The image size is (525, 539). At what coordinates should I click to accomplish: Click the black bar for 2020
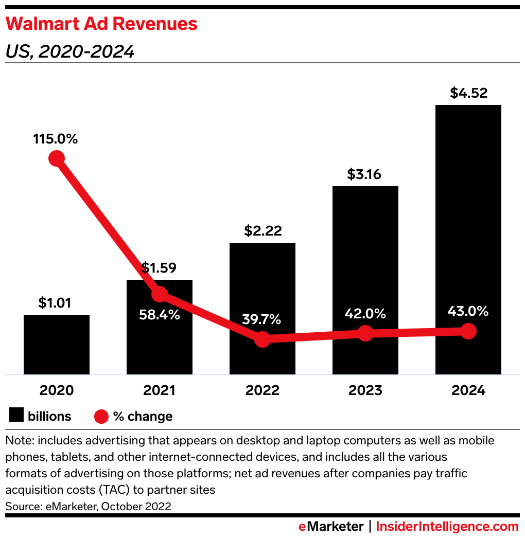57,344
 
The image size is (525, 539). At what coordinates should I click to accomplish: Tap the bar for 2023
365,257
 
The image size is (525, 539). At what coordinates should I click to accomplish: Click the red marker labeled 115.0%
57,158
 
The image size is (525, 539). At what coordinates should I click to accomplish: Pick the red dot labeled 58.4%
160,294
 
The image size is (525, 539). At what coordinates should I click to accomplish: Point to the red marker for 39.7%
262,339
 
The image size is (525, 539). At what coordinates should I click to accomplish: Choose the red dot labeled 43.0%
468,331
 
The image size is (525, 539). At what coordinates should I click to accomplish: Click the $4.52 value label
468,93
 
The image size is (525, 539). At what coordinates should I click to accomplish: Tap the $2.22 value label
262,230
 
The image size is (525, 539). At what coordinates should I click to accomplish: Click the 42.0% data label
365,314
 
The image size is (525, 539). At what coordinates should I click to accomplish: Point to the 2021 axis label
160,390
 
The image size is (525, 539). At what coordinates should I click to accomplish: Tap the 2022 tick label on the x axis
262,390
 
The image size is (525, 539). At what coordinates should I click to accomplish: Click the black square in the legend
17,416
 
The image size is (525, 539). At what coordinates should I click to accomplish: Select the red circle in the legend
101,416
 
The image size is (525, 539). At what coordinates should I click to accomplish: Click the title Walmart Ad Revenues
101,24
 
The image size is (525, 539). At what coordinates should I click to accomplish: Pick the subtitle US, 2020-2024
69,51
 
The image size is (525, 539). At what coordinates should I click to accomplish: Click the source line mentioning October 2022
88,506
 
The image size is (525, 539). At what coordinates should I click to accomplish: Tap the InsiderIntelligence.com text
447,527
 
